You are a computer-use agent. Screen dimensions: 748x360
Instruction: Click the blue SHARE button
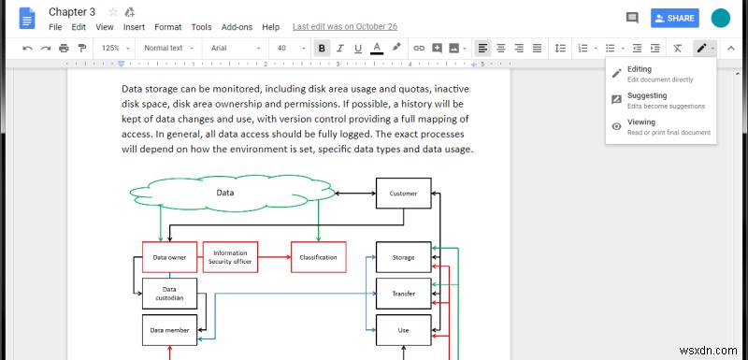(675, 18)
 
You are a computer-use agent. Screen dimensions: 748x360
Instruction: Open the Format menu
(168, 28)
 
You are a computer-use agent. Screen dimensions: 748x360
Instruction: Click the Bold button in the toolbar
(323, 48)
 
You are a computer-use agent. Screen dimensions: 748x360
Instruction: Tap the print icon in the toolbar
(64, 48)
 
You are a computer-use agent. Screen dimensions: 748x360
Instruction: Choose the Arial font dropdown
(230, 48)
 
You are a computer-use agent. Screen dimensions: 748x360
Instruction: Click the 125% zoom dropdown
(115, 48)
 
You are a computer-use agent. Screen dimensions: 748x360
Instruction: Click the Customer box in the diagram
(403, 194)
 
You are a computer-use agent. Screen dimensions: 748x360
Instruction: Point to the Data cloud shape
(224, 194)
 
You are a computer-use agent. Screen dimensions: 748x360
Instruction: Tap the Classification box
(319, 256)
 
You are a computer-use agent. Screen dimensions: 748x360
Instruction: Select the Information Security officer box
(230, 256)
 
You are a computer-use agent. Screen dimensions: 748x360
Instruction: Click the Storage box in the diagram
(403, 256)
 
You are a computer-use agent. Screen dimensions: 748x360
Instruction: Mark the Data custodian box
(169, 294)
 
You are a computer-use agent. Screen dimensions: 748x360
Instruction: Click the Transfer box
(403, 293)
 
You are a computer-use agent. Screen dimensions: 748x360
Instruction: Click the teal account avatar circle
(720, 18)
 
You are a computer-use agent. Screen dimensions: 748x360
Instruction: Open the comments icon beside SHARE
(632, 18)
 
